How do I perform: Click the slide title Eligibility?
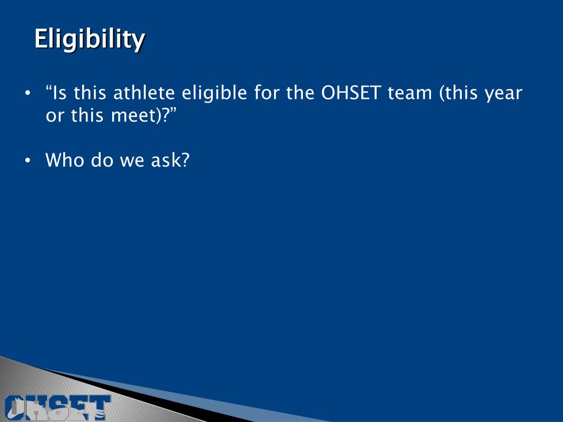point(90,40)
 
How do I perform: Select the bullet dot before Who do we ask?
point(28,160)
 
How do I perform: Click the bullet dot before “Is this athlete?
point(28,93)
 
